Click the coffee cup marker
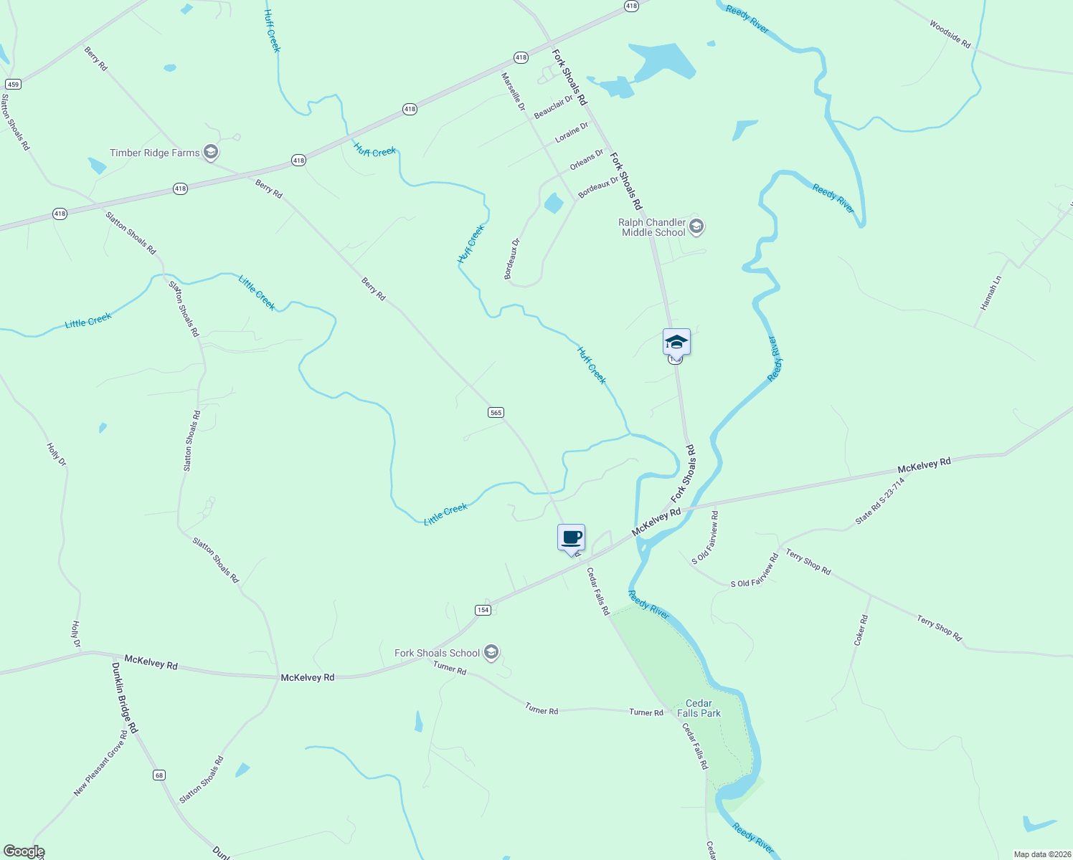pyautogui.click(x=571, y=537)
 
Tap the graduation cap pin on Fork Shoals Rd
pyautogui.click(x=676, y=342)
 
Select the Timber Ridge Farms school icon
pyautogui.click(x=210, y=152)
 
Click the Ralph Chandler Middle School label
pyautogui.click(x=653, y=227)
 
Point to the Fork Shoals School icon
pyautogui.click(x=491, y=652)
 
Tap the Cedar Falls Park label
pyautogui.click(x=699, y=708)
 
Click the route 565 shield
pyautogui.click(x=496, y=412)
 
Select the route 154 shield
pyautogui.click(x=483, y=610)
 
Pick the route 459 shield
pyautogui.click(x=13, y=85)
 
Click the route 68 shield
pyautogui.click(x=159, y=775)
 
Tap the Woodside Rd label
pyautogui.click(x=950, y=34)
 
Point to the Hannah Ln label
pyautogui.click(x=990, y=292)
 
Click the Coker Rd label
pyautogui.click(x=861, y=631)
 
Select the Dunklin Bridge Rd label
pyautogui.click(x=124, y=697)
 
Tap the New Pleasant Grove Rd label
pyautogui.click(x=100, y=763)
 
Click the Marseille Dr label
pyautogui.click(x=514, y=92)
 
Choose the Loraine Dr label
pyautogui.click(x=572, y=132)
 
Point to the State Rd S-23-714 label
pyautogui.click(x=880, y=501)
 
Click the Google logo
pyautogui.click(x=24, y=851)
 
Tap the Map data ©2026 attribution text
pyautogui.click(x=1041, y=854)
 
